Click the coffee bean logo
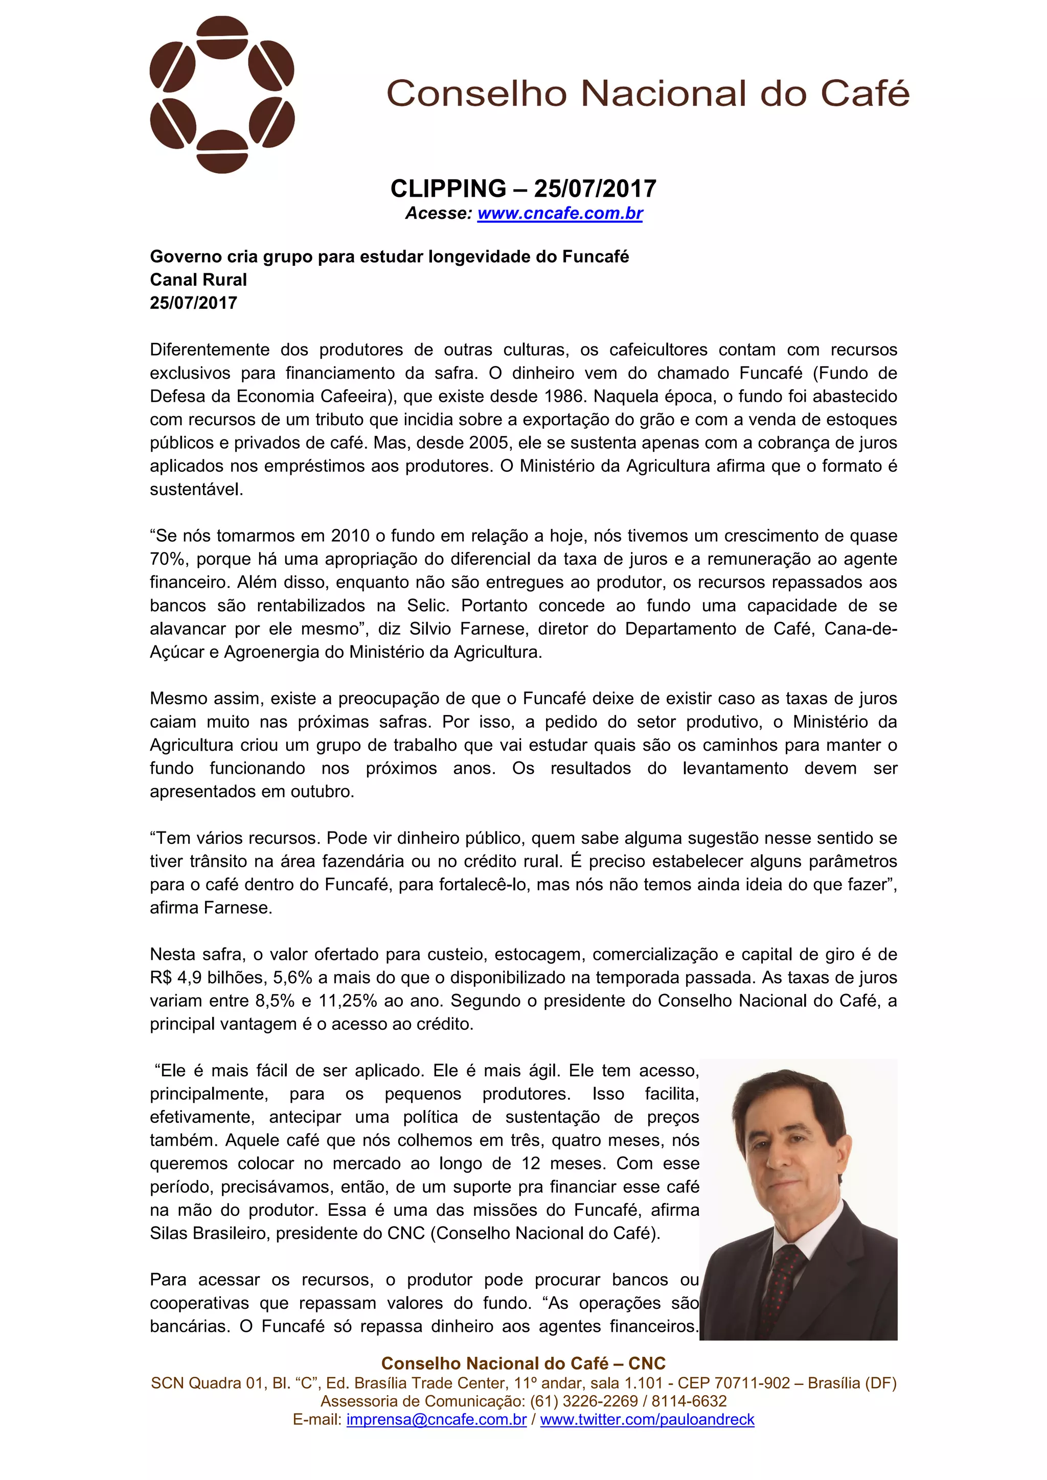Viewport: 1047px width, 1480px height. coord(222,95)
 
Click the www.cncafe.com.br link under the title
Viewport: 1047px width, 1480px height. coord(560,213)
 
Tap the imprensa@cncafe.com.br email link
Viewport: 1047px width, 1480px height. coord(437,1419)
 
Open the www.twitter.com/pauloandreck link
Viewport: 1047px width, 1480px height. coord(647,1419)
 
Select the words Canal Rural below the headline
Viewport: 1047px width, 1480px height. coord(198,280)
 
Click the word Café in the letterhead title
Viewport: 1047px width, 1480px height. coord(864,94)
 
